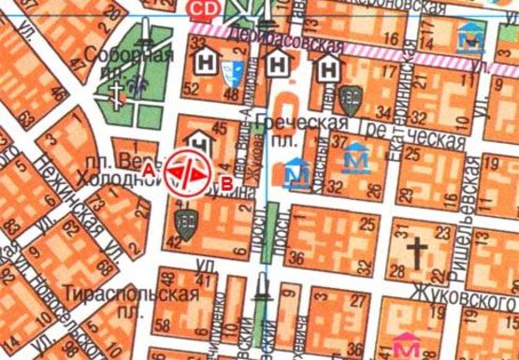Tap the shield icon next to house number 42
181,222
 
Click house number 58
165,324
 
